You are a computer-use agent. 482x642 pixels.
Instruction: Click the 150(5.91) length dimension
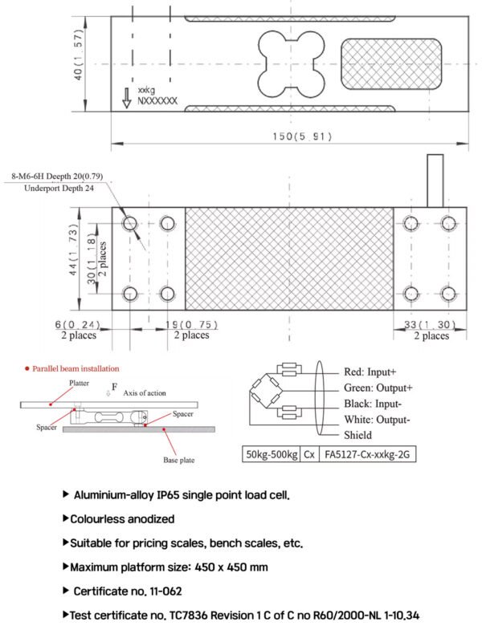click(302, 136)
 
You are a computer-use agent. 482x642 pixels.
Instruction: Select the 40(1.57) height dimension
click(78, 55)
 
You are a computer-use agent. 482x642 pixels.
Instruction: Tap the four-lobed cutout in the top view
click(291, 65)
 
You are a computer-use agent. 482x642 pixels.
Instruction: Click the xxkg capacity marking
click(146, 90)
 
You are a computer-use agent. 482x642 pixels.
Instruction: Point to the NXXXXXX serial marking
click(157, 101)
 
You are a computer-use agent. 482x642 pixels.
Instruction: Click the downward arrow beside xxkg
click(127, 98)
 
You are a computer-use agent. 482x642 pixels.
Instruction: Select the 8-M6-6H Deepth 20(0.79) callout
click(57, 177)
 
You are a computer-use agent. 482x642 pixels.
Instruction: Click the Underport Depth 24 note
click(59, 189)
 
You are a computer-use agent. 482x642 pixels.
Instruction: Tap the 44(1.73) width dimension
click(73, 250)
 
